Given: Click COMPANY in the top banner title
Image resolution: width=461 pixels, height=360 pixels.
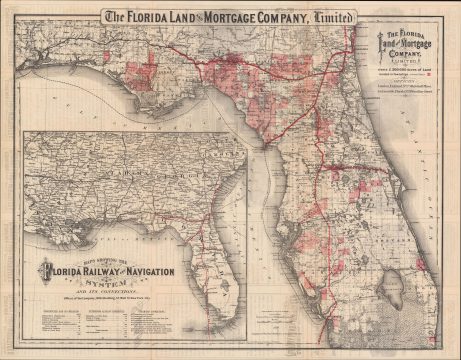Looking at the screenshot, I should point(291,17).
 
